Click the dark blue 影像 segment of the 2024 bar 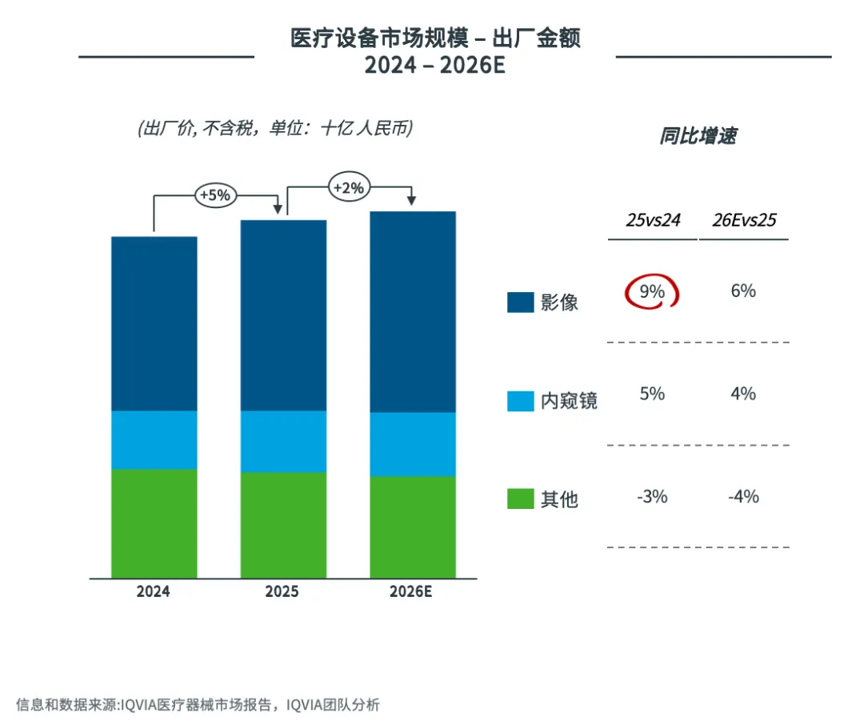pos(154,323)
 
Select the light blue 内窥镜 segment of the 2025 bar pos(283,441)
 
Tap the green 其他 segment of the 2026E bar pos(412,527)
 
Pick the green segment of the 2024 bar pos(154,523)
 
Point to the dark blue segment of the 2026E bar pos(412,312)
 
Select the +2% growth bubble pos(348,188)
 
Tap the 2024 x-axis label pos(154,592)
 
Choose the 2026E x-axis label pos(411,592)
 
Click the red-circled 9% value pos(651,292)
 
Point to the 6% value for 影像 pos(743,291)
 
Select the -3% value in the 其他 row pos(652,497)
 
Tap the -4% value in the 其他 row pos(743,497)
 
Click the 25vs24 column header pos(653,221)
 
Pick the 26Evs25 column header pos(744,221)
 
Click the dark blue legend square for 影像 pos(520,302)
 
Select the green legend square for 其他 pos(520,499)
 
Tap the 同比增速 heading pos(698,136)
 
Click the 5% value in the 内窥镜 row pos(652,394)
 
